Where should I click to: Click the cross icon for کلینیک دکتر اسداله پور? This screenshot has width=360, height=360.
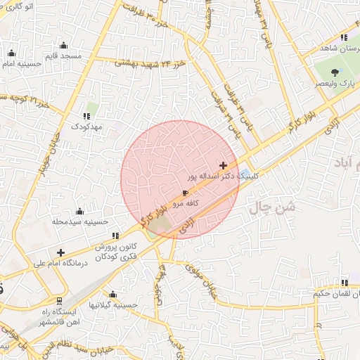[224, 166]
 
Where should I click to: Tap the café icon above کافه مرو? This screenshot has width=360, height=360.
[185, 192]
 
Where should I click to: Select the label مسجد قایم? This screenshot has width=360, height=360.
[63, 56]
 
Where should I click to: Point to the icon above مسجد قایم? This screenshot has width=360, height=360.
[63, 46]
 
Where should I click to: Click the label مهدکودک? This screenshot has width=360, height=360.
[86, 127]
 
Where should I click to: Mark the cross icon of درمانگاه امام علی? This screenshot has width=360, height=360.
[61, 252]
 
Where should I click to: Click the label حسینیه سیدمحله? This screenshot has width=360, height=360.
[79, 221]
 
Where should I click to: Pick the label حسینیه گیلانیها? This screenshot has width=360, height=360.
[112, 304]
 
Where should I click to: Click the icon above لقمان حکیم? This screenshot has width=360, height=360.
[344, 283]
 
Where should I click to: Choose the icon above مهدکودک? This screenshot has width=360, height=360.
[87, 116]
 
